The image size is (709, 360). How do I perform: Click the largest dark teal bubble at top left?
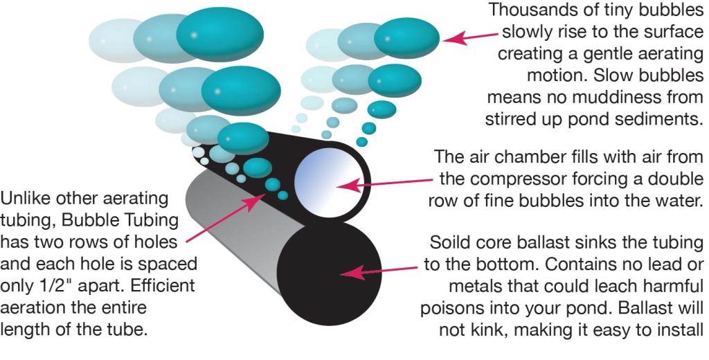(220, 34)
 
